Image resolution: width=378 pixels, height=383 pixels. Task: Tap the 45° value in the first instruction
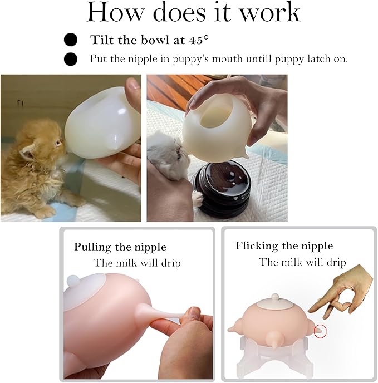pos(199,40)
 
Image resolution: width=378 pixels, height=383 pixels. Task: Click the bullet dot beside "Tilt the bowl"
pos(71,40)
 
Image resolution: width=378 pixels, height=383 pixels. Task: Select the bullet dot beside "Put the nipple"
pos(71,59)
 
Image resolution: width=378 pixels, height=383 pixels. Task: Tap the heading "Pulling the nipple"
pos(120,247)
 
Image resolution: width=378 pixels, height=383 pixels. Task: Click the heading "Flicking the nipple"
pos(284,245)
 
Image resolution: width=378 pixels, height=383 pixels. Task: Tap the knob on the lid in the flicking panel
pos(276,297)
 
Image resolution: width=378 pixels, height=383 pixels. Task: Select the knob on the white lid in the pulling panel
pos(74,281)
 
